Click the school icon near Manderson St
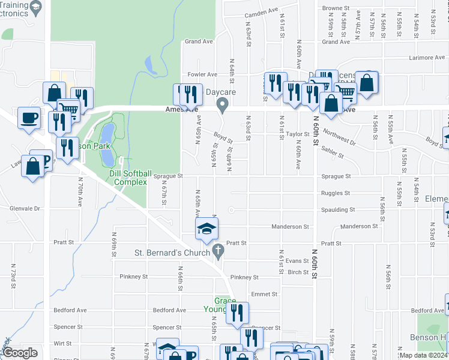[x=206, y=229]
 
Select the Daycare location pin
[x=223, y=106]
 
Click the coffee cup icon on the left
[x=29, y=118]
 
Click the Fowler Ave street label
[x=202, y=74]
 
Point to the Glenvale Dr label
[x=24, y=209]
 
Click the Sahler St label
[x=331, y=151]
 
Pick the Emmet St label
[x=264, y=294]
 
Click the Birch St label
[x=298, y=272]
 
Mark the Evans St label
[x=297, y=260]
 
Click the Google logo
[x=20, y=352]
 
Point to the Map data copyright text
[x=424, y=355]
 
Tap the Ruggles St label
[x=335, y=193]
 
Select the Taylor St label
[x=297, y=134]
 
